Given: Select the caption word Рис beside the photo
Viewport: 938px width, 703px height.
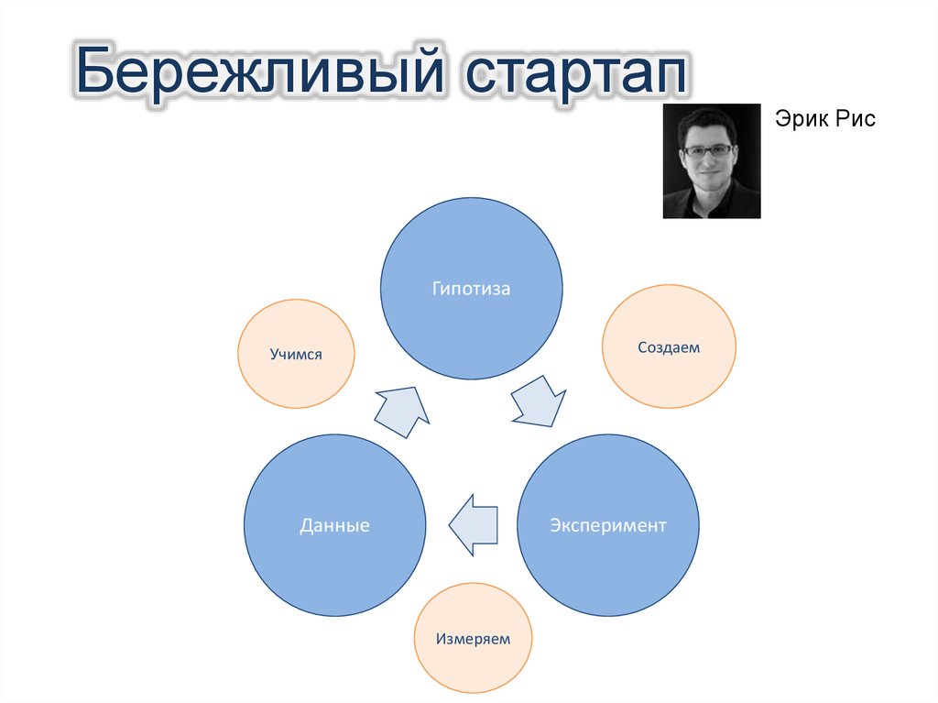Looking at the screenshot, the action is (856, 118).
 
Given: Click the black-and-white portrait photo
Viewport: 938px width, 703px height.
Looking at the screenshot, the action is (711, 161).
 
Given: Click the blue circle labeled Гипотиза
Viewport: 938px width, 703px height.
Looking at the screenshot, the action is (472, 289).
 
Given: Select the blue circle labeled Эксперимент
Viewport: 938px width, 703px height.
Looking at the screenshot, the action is (608, 525).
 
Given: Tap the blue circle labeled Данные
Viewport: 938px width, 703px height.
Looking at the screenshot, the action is (335, 525).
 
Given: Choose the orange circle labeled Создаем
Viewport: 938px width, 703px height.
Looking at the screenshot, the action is (669, 346).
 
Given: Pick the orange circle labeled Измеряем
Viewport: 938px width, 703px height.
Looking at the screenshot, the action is (473, 638).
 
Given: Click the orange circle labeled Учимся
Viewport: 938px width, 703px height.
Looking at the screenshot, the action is (296, 354).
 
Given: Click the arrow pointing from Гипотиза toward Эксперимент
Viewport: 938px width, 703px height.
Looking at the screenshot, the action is (539, 402).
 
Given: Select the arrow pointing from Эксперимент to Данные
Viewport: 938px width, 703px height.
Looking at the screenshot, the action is (474, 525).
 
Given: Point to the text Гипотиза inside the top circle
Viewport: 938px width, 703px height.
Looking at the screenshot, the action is (472, 289).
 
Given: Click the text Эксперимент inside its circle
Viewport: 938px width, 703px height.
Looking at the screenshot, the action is (608, 525).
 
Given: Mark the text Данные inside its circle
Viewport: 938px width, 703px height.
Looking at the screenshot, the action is (335, 525).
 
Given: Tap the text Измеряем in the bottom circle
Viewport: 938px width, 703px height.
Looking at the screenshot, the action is (473, 639).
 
